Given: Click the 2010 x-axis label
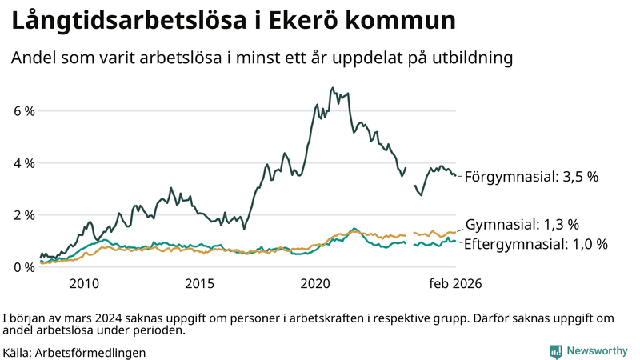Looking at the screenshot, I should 84,283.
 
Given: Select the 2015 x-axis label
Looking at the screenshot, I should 200,283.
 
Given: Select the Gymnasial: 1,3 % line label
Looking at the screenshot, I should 522,224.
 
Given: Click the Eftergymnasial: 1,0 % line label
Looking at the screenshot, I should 535,243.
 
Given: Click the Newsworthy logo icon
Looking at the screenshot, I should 555,351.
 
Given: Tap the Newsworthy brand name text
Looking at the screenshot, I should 597,351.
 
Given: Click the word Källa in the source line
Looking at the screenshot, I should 18,352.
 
